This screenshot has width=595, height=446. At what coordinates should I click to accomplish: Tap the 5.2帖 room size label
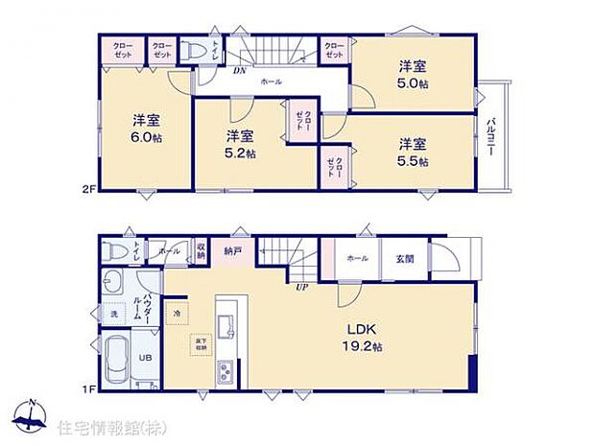click(x=240, y=153)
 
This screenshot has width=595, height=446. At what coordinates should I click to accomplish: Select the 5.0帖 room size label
click(x=414, y=83)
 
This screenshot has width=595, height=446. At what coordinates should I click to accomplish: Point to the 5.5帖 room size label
click(x=414, y=161)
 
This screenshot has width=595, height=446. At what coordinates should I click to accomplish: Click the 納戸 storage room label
click(x=233, y=252)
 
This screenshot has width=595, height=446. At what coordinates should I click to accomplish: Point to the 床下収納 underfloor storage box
click(x=202, y=340)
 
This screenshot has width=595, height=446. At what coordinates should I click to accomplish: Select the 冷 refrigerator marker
click(x=178, y=311)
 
